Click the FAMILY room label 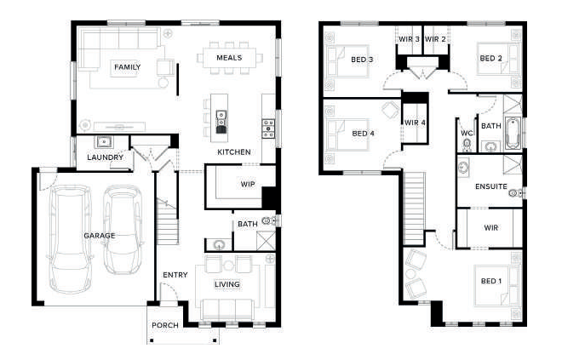(x=127, y=67)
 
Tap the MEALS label (x=229, y=58)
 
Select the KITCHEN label (x=233, y=151)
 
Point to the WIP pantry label (x=248, y=184)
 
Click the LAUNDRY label (x=105, y=157)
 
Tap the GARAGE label (x=100, y=236)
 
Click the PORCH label (x=165, y=325)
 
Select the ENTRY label (x=175, y=275)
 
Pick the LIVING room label (x=227, y=284)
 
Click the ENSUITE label (x=491, y=186)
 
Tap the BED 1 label (x=491, y=281)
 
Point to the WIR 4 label (x=415, y=123)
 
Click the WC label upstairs (x=467, y=134)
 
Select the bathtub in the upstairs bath (x=513, y=134)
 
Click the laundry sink (x=104, y=142)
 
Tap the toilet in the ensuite (x=515, y=193)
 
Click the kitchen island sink (x=221, y=118)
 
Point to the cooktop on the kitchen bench (x=268, y=129)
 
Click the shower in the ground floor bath (x=266, y=241)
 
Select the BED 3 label (x=362, y=60)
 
